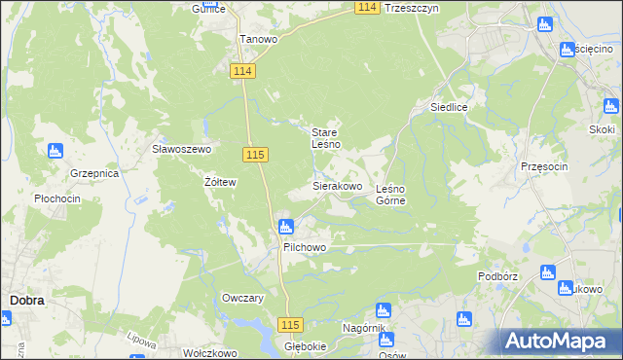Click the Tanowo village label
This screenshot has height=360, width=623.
point(259,40)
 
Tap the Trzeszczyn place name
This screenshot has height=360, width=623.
point(412,7)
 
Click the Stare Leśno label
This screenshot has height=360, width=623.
point(324,137)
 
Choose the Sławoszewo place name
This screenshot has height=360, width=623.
point(181,149)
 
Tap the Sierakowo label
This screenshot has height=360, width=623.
point(337,185)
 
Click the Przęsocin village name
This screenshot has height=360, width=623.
point(544,166)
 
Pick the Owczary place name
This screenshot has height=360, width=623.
point(243,299)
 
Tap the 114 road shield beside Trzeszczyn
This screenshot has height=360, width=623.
point(366,7)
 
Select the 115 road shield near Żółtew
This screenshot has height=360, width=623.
point(255,155)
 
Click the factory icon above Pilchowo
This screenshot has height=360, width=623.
point(284,227)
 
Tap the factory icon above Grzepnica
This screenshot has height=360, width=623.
point(55,151)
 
